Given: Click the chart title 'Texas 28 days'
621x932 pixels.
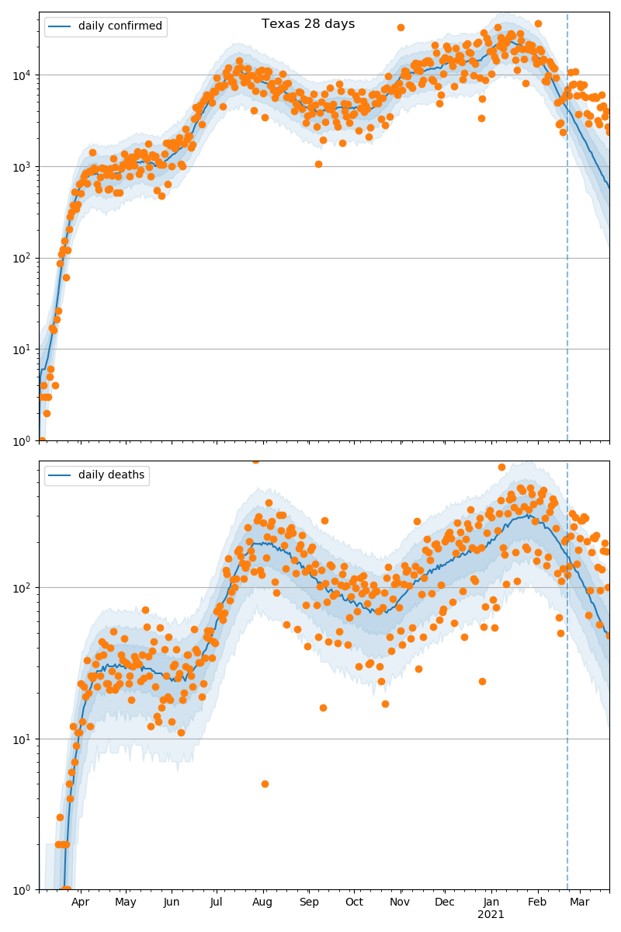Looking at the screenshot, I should pos(308,24).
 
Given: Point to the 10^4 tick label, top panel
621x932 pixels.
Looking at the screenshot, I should pos(19,75).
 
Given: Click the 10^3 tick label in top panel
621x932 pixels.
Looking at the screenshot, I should pos(19,167).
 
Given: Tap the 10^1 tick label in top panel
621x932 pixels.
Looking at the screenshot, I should pos(19,349).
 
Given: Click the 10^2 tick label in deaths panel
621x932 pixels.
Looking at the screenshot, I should pos(19,588).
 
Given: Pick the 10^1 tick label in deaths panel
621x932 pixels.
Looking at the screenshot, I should pos(19,739).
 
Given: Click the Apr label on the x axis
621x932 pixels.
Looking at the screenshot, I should pos(80,902).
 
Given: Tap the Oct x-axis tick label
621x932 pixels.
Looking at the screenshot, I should pos(354,902).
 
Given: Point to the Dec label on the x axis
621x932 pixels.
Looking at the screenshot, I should pos(445,902).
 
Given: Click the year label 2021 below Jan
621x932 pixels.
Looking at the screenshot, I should pos(491,915).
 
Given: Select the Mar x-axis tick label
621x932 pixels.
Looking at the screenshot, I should pos(580,902).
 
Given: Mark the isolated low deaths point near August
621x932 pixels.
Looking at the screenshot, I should pos(265,784).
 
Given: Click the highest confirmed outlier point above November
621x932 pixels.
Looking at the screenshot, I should pos(401,27).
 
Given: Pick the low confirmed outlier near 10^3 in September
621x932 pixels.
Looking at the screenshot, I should pos(318,164).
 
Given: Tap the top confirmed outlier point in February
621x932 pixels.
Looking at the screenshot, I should pos(538,23).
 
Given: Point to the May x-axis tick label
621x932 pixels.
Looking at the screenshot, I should pos(125,902).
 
